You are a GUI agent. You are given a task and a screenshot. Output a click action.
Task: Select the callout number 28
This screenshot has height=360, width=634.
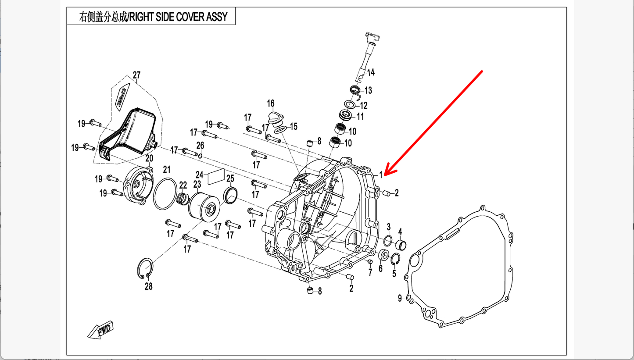(x=149, y=286)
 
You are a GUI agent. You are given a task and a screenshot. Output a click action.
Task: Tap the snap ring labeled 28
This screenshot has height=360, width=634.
(x=145, y=268)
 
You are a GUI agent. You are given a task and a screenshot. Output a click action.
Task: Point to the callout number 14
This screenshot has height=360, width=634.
(x=371, y=72)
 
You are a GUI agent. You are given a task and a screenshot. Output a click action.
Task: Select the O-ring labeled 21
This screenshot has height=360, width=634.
(x=165, y=194)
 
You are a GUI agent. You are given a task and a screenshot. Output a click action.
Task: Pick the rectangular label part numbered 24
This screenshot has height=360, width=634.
(x=215, y=177)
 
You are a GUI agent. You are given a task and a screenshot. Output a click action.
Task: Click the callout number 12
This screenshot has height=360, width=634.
(x=364, y=106)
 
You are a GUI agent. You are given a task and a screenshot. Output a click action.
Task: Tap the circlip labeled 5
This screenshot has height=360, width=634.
(x=395, y=260)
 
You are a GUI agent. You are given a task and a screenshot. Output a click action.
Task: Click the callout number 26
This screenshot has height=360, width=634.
(x=200, y=145)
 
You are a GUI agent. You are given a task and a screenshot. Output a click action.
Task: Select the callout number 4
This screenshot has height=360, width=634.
(x=400, y=232)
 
